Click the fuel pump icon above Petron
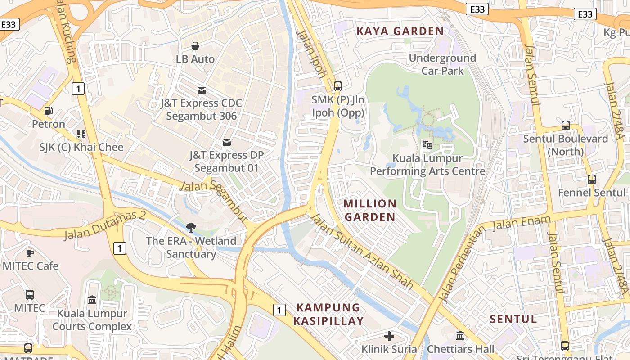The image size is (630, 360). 48,110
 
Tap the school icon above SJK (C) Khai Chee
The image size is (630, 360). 81,134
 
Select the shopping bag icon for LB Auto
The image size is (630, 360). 195,46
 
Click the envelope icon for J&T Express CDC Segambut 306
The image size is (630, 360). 201,90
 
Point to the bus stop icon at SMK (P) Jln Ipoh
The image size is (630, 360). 338,86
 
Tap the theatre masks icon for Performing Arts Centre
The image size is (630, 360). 427,145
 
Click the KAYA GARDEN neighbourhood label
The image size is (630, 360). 400,31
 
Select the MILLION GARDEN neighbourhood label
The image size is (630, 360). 370,210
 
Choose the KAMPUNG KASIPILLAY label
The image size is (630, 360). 328,314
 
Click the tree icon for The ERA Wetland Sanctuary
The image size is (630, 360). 191,227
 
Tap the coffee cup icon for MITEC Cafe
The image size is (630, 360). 30,252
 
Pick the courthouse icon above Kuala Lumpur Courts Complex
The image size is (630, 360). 92,300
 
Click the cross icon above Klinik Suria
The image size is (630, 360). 389,336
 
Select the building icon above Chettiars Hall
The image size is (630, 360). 460,336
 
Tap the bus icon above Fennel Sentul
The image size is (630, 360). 591,179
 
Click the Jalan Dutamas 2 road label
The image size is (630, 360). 105,225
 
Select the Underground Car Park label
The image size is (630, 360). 442,64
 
